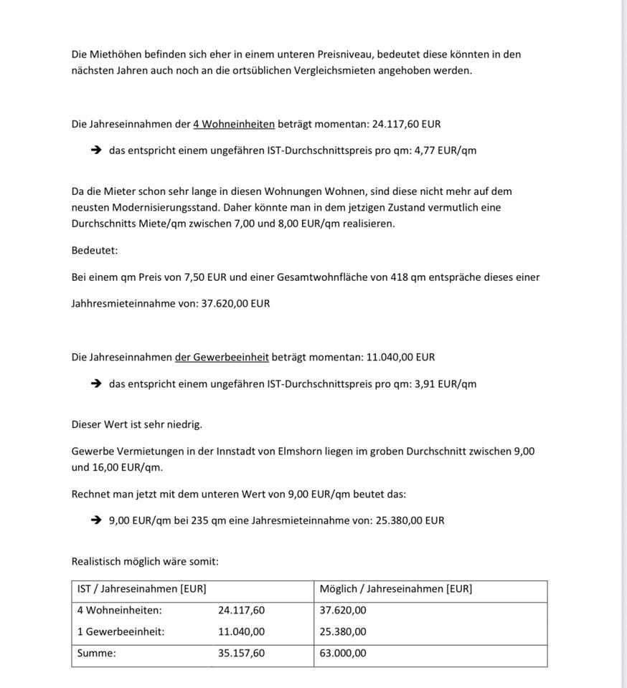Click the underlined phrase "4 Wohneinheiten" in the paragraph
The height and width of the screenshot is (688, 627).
[234, 124]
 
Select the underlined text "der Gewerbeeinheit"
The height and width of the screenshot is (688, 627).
[222, 357]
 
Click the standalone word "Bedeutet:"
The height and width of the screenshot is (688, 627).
[95, 250]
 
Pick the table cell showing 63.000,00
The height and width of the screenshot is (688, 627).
[343, 653]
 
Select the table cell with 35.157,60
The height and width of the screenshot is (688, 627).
[242, 653]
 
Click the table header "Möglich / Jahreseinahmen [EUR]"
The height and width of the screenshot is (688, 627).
[396, 589]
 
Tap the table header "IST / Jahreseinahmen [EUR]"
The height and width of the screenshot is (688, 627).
[142, 589]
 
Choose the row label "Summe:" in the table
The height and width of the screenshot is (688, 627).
[97, 653]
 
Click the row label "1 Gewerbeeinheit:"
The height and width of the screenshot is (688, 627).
[121, 631]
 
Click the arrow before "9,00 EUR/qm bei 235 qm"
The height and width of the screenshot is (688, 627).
[97, 520]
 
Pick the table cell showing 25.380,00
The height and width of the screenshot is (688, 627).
[343, 631]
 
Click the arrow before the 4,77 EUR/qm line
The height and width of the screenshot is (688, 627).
[97, 150]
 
